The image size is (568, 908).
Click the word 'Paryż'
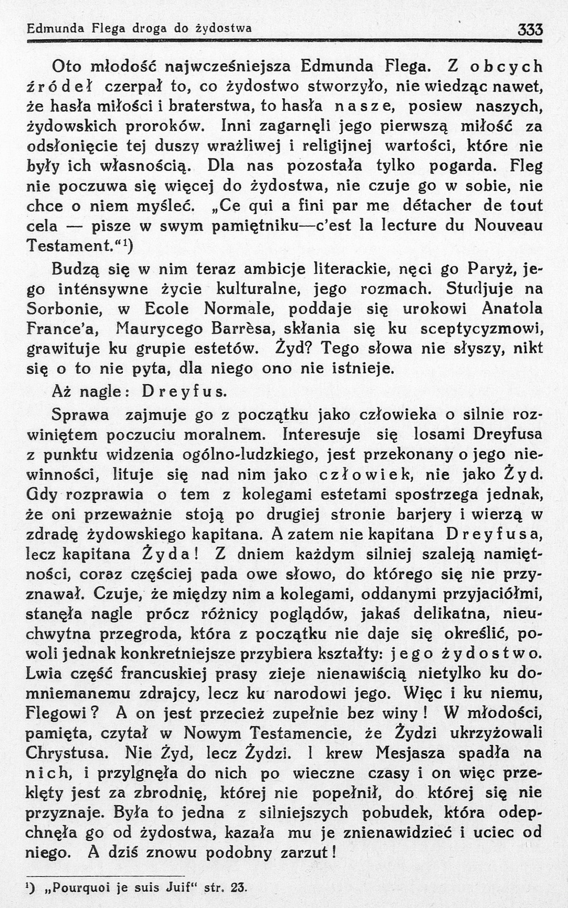[x=492, y=268]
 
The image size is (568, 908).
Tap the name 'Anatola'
[x=512, y=309]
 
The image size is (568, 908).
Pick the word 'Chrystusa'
[x=68, y=753]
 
